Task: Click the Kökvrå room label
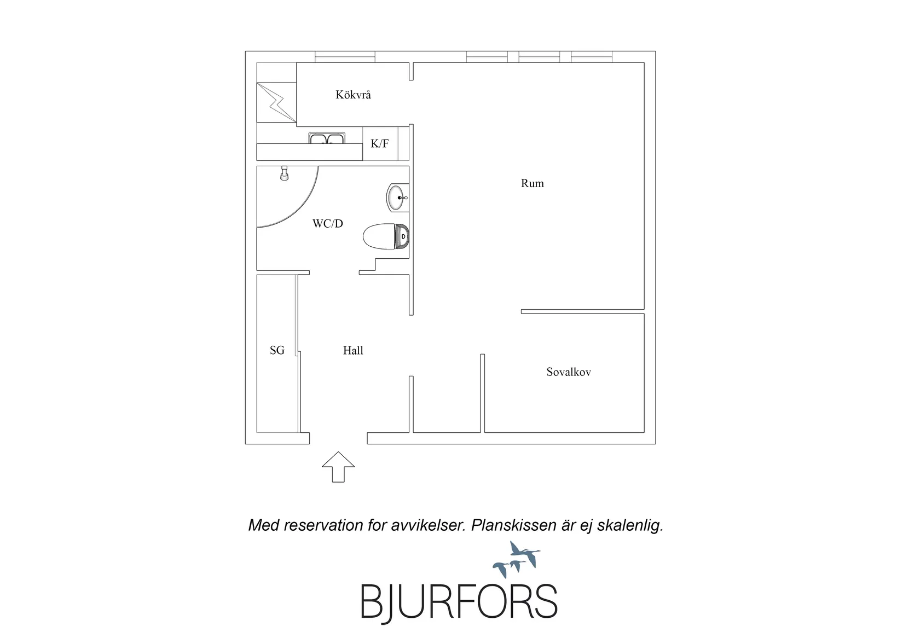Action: (x=353, y=95)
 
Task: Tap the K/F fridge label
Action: (x=380, y=143)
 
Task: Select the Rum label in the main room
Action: (x=532, y=183)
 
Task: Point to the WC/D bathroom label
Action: (x=328, y=224)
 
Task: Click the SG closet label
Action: (x=277, y=350)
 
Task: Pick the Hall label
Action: (x=353, y=351)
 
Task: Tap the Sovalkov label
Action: (x=569, y=372)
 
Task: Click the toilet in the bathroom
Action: (x=386, y=236)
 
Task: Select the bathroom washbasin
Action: (x=397, y=198)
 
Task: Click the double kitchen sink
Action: (x=327, y=138)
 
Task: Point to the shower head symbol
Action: (x=284, y=173)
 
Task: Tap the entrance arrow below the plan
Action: (x=338, y=467)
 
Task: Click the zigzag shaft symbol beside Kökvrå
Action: (x=276, y=102)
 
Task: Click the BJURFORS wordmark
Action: (x=459, y=602)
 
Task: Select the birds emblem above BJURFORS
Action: (x=517, y=559)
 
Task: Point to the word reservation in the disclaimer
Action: (x=323, y=525)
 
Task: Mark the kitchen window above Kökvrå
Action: (x=345, y=57)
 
